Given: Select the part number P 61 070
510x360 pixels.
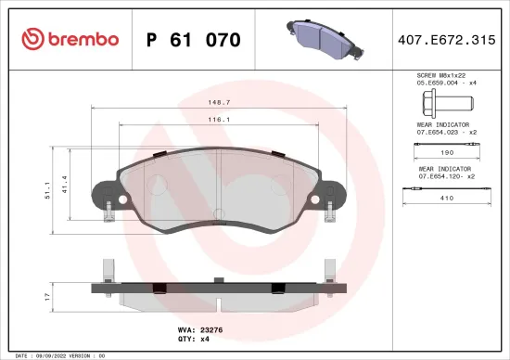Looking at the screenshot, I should (194, 40).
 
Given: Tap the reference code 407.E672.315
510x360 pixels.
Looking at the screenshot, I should (448, 40).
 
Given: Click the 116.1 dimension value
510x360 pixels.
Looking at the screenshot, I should (219, 119).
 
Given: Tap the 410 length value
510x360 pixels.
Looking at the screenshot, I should (445, 198).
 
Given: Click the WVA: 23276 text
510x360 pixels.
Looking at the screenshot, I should (200, 329).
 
